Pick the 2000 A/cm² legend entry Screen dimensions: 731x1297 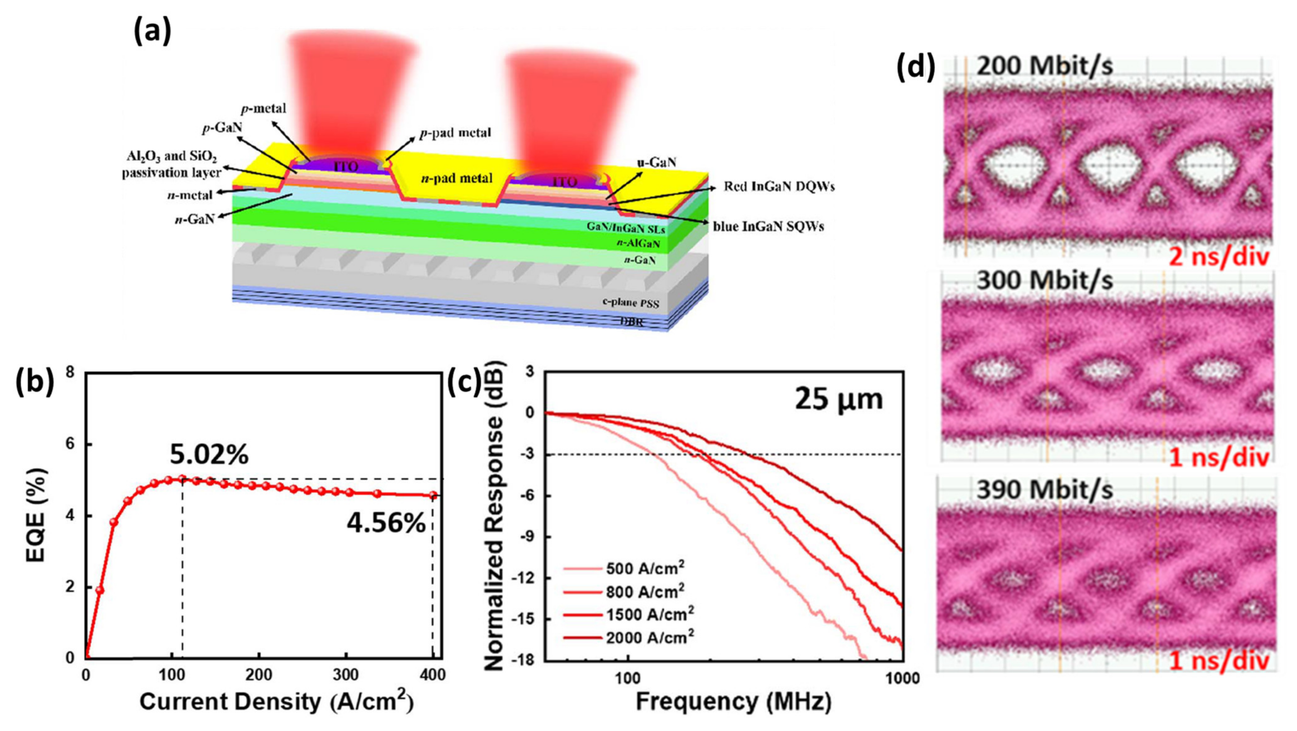click(x=649, y=637)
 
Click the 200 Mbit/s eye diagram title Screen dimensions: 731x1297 click(x=1044, y=66)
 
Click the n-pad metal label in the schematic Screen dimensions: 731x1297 click(x=457, y=178)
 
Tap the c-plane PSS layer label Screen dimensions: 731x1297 click(x=631, y=303)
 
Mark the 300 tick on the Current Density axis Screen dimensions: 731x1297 click(x=346, y=675)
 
